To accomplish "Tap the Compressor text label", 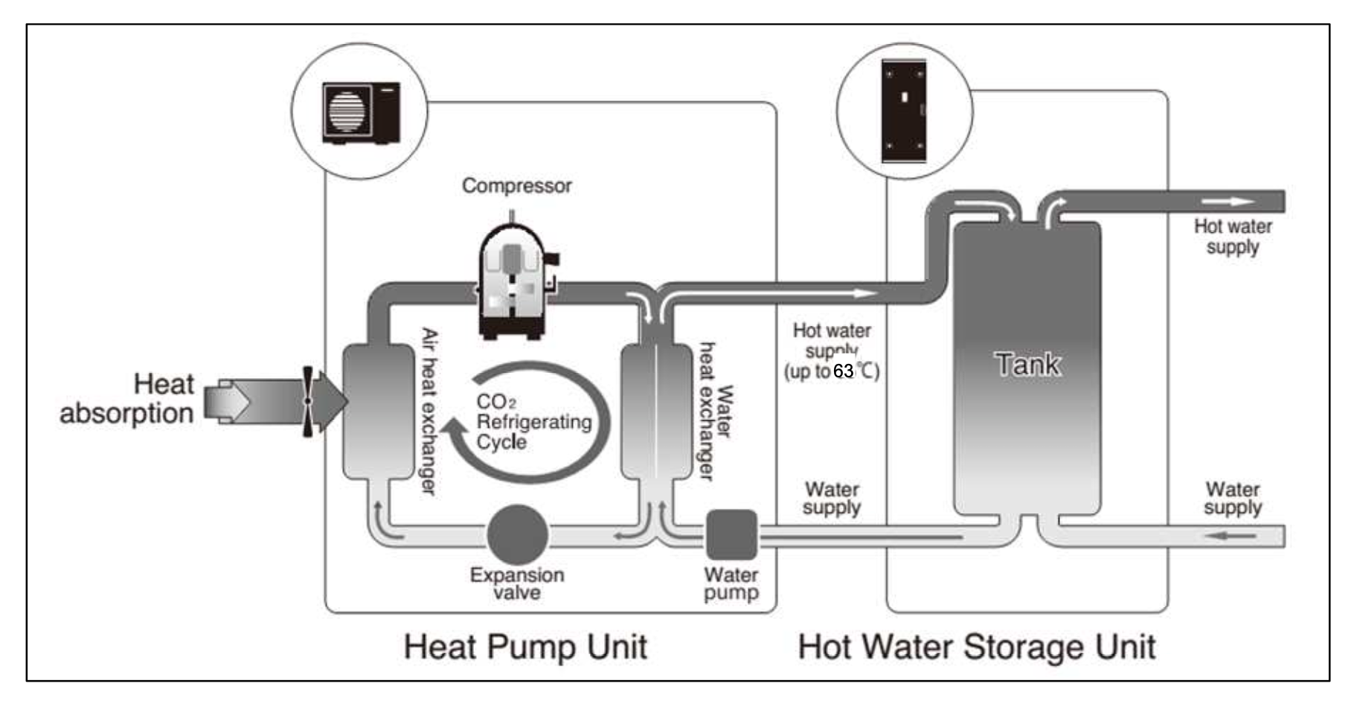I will (516, 185).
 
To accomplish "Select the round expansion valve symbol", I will (518, 534).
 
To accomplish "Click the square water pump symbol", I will (731, 534).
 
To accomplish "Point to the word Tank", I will (1027, 365).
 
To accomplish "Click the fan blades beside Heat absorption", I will (308, 402).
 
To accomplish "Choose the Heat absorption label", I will (128, 399).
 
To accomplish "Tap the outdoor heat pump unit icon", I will (361, 113).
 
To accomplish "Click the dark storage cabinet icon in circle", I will (904, 111).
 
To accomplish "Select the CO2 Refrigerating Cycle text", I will (533, 422).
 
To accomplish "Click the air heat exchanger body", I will (378, 411).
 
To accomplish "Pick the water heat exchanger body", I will (655, 411).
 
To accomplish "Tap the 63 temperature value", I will (844, 371).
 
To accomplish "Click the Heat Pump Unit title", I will (524, 647).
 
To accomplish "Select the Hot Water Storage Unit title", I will (976, 647).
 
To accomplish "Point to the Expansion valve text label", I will (516, 583).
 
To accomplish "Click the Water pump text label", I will (731, 583).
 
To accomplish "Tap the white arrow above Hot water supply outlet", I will (1228, 201).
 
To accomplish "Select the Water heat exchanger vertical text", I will (716, 412).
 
